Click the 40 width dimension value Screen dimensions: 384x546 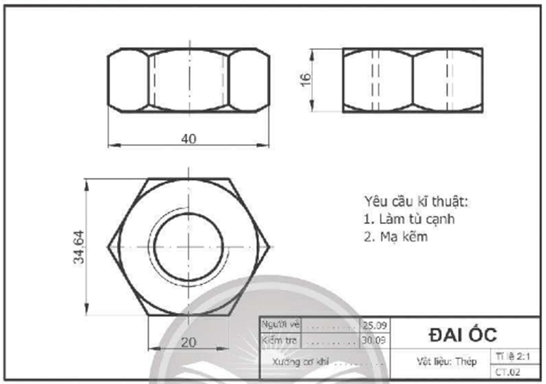[189, 138]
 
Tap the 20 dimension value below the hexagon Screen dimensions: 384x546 [189, 342]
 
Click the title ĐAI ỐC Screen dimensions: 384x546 [463, 334]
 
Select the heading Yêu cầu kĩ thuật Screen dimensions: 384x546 [416, 201]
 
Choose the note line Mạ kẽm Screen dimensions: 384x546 [395, 237]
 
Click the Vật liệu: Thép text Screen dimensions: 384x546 [446, 362]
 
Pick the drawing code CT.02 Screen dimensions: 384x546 [507, 371]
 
